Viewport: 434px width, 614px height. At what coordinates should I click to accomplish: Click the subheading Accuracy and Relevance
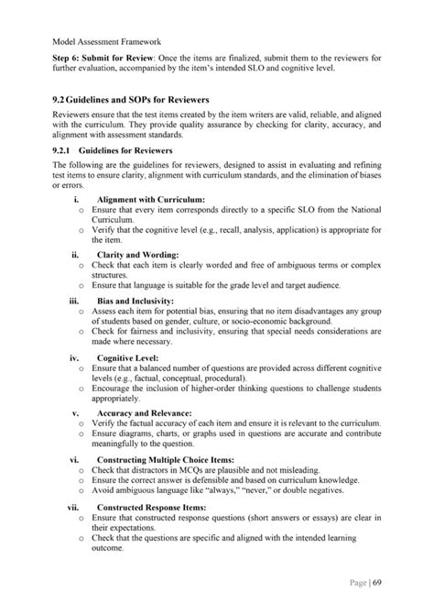click(x=144, y=413)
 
